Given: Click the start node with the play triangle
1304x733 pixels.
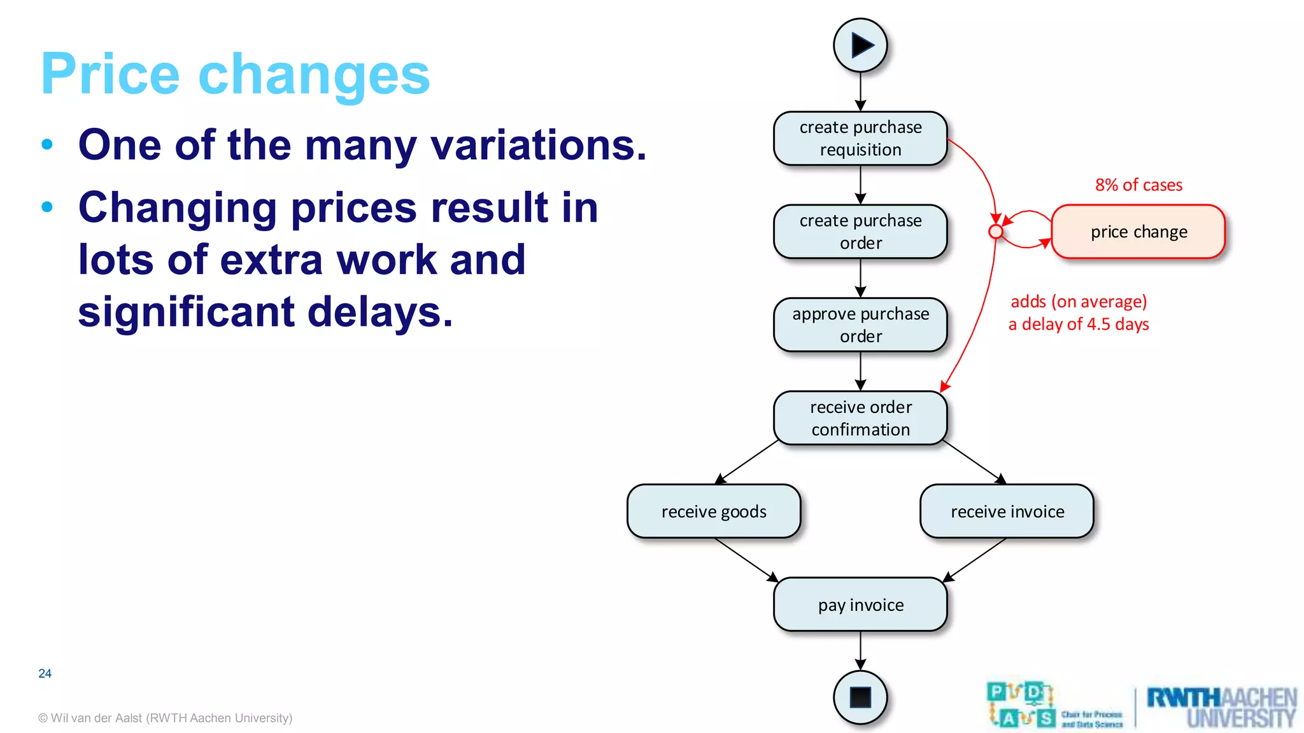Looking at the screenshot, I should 860,45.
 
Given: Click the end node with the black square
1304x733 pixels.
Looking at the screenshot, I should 860,697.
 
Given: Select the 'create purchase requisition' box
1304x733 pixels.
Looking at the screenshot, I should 860,139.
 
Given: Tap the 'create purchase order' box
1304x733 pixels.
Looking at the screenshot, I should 860,232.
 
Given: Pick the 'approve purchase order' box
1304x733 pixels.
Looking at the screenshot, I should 860,325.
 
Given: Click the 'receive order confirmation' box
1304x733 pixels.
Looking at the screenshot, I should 860,418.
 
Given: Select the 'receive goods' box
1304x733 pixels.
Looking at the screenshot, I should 714,512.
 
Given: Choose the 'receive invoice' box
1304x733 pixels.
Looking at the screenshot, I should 1007,512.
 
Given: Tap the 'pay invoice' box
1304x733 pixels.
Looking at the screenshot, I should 860,604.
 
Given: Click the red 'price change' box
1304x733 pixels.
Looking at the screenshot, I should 1138,232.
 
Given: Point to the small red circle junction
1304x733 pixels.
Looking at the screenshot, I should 996,232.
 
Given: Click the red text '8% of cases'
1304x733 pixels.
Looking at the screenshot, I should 1138,185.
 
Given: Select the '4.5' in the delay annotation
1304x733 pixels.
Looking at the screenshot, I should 1098,325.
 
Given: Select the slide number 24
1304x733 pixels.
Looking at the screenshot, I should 45,673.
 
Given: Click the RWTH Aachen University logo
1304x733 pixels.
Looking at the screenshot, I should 1221,707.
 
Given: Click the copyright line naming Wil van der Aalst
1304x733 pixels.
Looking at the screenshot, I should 165,718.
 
